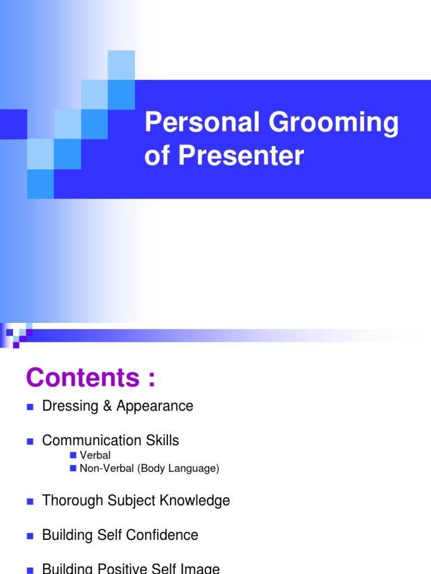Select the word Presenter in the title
click(x=241, y=156)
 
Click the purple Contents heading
click(x=90, y=378)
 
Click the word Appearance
click(x=155, y=406)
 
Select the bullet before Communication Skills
click(x=30, y=441)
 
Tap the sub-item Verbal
click(x=95, y=455)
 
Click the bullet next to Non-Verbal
click(x=73, y=468)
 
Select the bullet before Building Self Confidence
click(x=30, y=536)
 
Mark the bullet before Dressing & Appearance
click(x=30, y=407)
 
